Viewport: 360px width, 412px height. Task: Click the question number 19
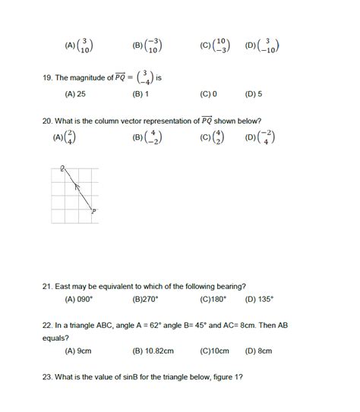click(x=49, y=77)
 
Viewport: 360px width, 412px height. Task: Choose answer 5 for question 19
click(x=259, y=95)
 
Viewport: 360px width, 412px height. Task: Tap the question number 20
click(x=49, y=121)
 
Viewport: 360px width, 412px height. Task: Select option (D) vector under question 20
click(x=266, y=138)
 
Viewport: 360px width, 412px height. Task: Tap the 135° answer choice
click(x=264, y=300)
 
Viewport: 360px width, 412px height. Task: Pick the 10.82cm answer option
click(x=159, y=352)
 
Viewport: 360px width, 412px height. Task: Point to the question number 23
click(x=49, y=378)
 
